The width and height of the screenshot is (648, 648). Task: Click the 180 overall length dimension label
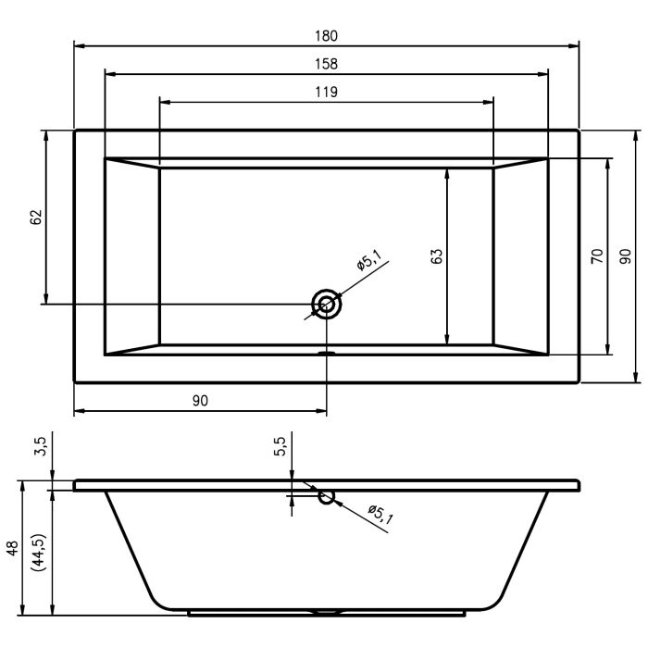(x=326, y=36)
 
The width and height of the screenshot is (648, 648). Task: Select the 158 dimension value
(x=326, y=64)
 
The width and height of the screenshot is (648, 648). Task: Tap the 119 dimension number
(x=326, y=92)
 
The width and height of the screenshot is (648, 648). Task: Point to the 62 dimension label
(x=36, y=218)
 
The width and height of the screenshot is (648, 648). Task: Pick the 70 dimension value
(x=597, y=256)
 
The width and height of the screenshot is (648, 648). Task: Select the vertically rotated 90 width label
(x=625, y=256)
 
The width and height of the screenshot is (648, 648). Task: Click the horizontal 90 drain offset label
(x=200, y=400)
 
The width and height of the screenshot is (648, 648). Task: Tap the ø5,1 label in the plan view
(x=368, y=262)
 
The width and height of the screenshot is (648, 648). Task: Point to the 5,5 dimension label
(x=280, y=447)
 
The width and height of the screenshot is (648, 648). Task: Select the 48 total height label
(x=12, y=547)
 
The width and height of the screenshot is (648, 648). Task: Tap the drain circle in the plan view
(x=327, y=304)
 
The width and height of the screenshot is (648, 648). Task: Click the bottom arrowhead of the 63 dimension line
(x=448, y=340)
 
